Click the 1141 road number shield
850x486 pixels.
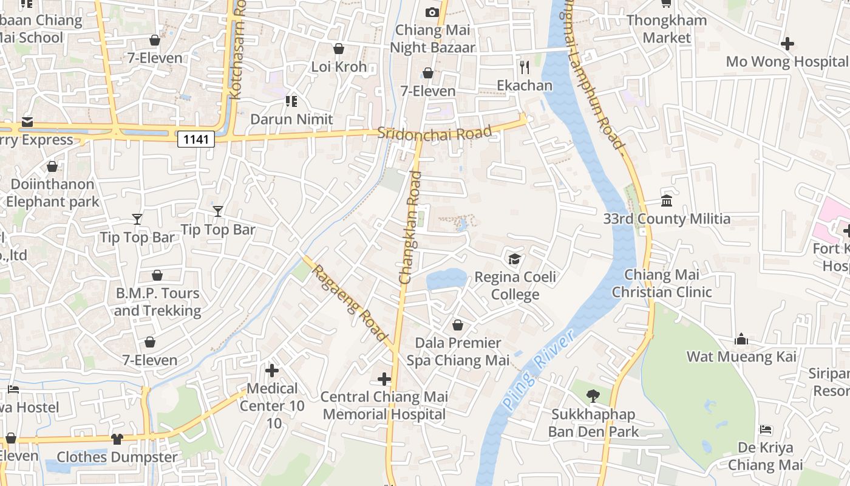click(196, 140)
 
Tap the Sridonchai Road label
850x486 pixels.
click(434, 133)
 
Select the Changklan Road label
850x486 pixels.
click(410, 227)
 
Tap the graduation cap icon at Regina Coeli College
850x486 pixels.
click(515, 259)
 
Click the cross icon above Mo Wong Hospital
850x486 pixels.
click(787, 44)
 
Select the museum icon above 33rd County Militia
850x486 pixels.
click(667, 201)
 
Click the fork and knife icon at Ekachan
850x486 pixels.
click(525, 67)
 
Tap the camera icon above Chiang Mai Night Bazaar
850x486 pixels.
click(432, 12)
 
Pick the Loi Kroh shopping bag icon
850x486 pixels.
click(339, 49)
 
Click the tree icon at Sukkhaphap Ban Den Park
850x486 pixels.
click(593, 397)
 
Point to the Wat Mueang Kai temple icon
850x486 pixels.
click(741, 339)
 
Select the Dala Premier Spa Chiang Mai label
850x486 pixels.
click(458, 352)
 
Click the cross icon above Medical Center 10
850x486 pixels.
click(272, 370)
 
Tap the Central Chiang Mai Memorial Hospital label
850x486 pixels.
click(384, 405)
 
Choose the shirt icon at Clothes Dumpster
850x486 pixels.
click(117, 439)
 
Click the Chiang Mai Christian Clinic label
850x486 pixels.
click(662, 283)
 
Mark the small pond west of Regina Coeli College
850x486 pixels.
click(446, 279)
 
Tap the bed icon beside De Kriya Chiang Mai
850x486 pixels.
click(766, 430)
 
